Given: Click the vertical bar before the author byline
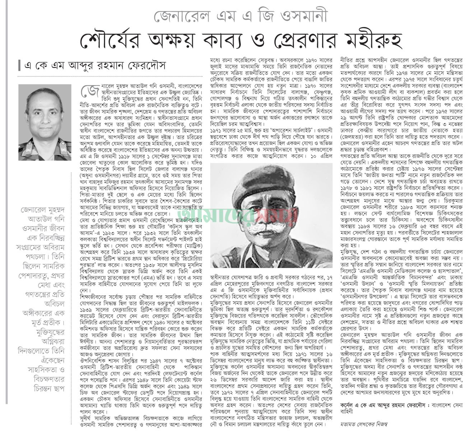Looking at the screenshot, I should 20,66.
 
